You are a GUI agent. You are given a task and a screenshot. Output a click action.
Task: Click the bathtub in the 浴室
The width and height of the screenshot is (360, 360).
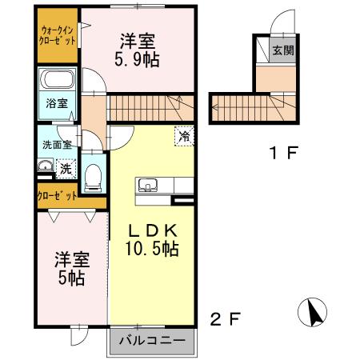tap(56, 82)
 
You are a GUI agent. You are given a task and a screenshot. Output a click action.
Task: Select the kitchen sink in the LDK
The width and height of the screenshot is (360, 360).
tap(147, 186)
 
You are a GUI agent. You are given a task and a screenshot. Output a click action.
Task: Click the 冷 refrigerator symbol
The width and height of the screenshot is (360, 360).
tap(184, 137)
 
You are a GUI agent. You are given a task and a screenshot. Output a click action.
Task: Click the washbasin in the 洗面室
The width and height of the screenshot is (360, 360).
tap(43, 167)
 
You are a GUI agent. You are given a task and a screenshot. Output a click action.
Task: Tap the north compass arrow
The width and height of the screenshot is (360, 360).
tap(314, 310)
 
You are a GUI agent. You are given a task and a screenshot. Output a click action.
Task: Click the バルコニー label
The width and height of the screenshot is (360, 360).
tap(152, 342)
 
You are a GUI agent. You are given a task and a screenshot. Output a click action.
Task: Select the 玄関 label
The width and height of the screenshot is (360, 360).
tap(282, 50)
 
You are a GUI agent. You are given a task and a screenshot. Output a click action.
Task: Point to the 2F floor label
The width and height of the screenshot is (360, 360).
tap(225, 320)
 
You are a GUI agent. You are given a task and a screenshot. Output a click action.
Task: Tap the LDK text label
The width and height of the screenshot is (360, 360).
tap(154, 230)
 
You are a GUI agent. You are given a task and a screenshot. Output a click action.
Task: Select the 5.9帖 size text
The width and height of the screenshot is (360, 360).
tap(137, 61)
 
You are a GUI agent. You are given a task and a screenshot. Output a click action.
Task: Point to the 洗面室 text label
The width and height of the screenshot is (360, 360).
tap(56, 145)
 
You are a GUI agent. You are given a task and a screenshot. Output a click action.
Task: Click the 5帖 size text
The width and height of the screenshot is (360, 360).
tap(70, 279)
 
